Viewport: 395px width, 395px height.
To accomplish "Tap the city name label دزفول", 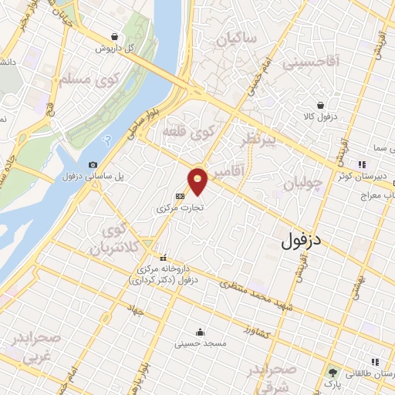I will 302,241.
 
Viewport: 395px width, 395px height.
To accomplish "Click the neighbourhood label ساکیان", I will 235,38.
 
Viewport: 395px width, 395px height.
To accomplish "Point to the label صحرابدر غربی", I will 29,348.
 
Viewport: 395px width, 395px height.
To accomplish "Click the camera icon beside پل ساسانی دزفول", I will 93,164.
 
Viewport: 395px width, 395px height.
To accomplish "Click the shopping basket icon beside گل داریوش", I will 115,36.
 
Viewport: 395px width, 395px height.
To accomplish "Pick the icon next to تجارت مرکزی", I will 180,196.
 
